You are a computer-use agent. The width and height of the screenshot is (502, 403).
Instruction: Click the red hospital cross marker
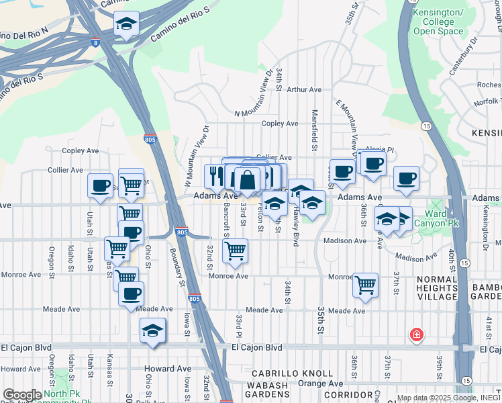pos(417,334)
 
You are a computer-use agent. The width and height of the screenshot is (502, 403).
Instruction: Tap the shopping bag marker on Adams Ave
pos(248,180)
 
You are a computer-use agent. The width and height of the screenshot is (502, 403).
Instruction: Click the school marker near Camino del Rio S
pos(125,24)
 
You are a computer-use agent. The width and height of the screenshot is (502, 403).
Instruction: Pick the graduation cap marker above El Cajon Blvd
pos(153,330)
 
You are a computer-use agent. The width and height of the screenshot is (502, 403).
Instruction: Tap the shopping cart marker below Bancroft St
pos(235,251)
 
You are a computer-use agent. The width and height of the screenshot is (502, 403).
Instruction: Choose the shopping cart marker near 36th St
pos(365,284)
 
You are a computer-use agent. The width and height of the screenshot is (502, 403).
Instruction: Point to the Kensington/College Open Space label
pos(438,22)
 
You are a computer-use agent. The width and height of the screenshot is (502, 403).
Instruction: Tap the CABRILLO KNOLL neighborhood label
pos(291,373)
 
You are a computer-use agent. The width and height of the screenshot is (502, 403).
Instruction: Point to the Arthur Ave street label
pos(304,89)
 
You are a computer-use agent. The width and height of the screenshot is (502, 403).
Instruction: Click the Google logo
pos(22,395)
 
